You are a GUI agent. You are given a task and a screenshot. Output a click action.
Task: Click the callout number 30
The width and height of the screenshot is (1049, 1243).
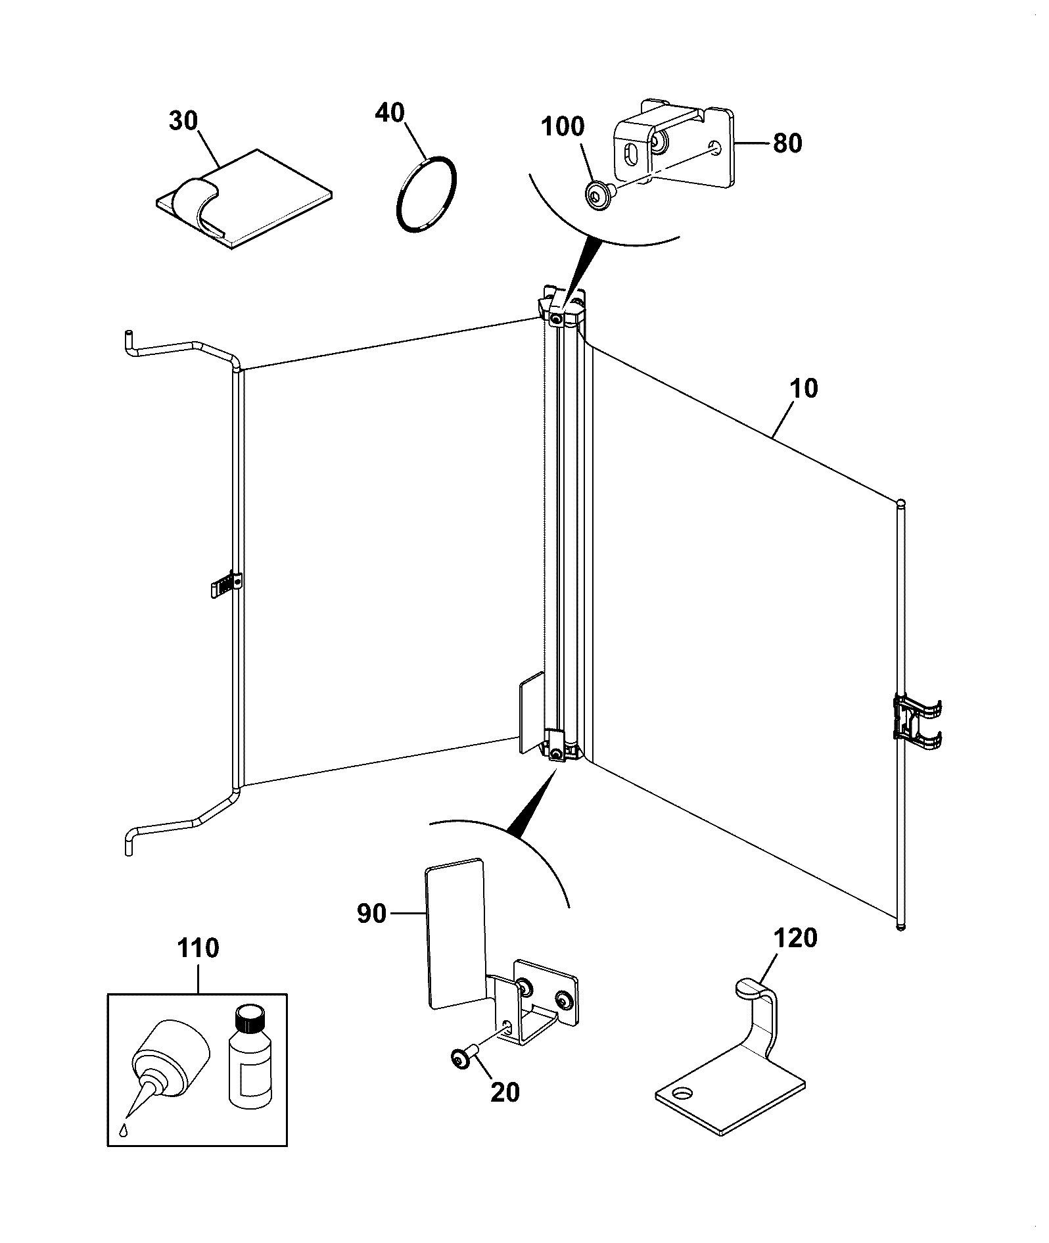(184, 122)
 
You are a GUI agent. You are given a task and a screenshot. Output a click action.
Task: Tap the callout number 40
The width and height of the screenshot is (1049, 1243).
(390, 112)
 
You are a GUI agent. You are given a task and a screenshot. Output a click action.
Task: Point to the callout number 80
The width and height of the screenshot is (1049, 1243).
(787, 143)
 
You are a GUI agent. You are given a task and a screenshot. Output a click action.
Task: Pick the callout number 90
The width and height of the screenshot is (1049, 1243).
(372, 914)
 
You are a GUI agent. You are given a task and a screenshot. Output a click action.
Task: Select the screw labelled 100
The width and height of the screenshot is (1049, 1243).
(600, 195)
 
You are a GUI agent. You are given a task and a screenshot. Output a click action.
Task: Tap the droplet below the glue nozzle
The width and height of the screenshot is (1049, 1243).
(124, 1130)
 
